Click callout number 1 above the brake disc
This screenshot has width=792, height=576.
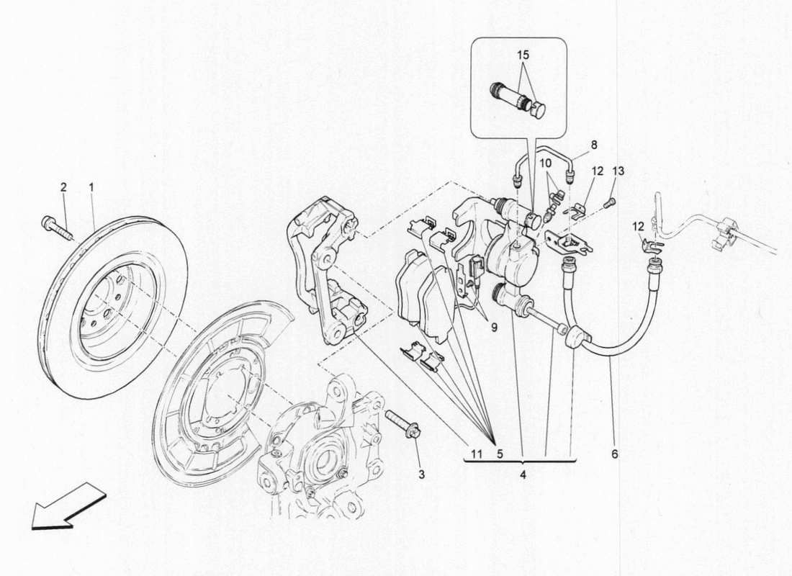pos(91,187)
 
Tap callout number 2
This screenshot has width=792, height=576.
pos(63,187)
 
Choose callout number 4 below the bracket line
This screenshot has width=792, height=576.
pos(523,475)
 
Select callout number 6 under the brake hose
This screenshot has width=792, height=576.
pos(615,454)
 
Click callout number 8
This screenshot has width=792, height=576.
pos(593,145)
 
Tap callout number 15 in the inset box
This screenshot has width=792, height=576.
pos(522,55)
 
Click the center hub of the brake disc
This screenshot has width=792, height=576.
pos(108,310)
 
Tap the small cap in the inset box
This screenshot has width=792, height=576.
pos(539,110)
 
